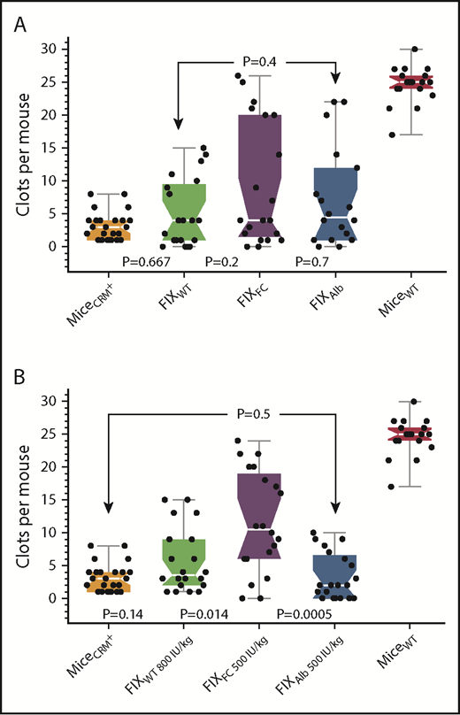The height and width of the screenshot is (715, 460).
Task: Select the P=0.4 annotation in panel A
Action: click(258, 61)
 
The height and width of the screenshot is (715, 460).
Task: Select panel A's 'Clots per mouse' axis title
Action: click(25, 147)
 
